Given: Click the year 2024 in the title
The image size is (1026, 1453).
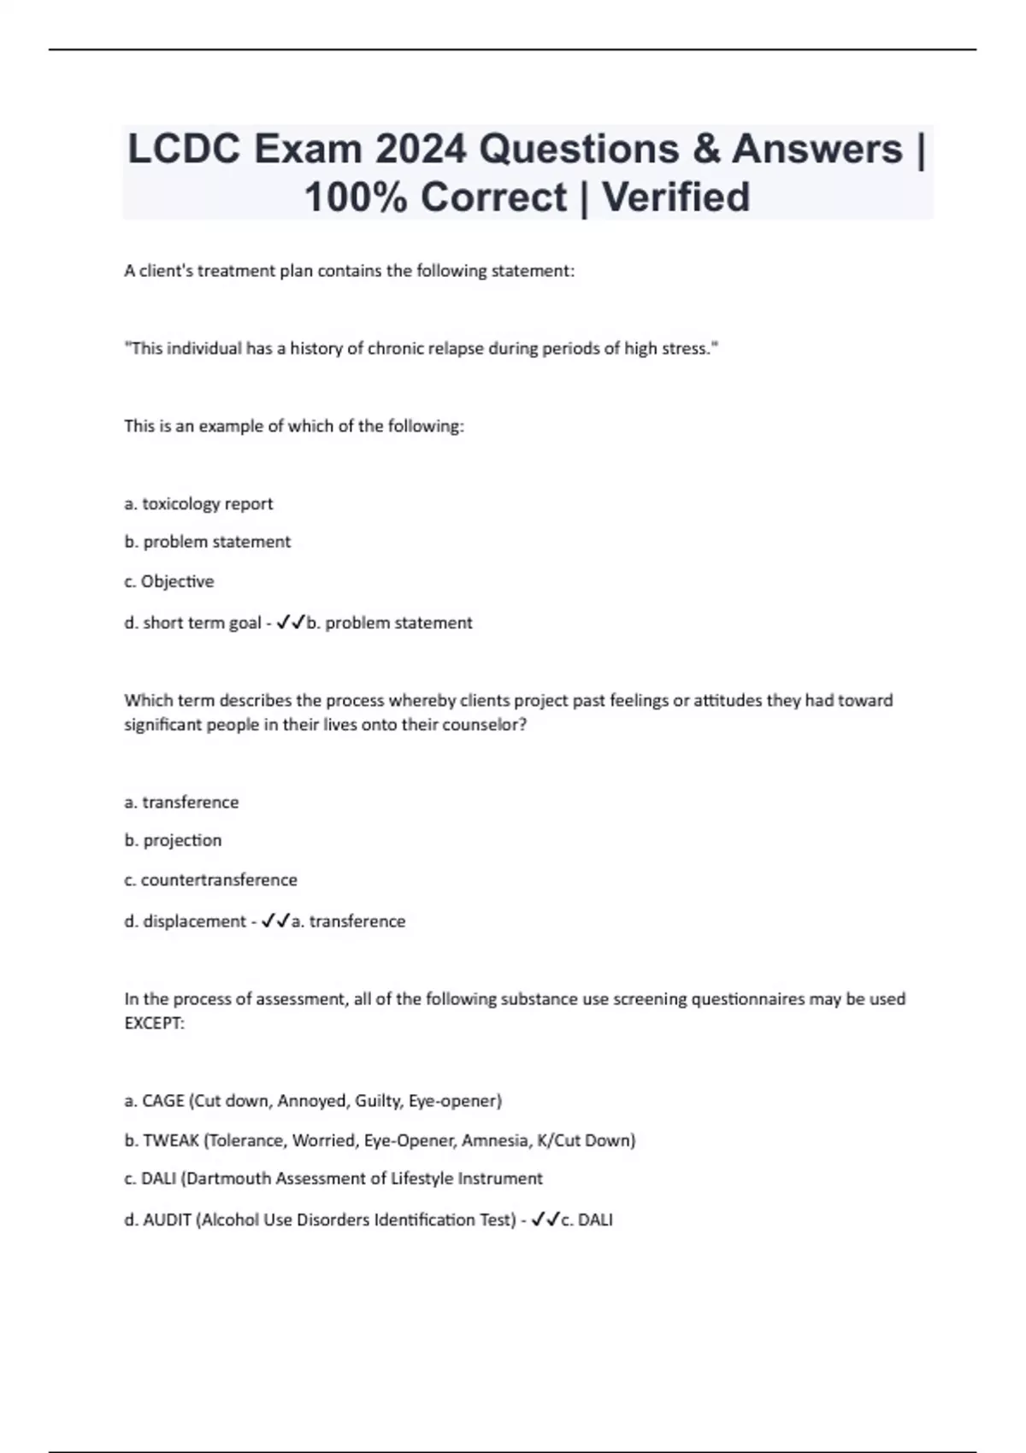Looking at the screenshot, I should click(420, 150).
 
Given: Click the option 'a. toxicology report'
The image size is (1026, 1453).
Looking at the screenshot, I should click(198, 504).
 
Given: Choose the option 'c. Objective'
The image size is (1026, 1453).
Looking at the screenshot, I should click(169, 582).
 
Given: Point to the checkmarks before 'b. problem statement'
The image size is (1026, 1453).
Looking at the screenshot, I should click(291, 623).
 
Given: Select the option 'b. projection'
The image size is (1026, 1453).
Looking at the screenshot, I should click(173, 841).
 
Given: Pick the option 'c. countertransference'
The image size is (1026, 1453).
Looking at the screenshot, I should click(210, 880).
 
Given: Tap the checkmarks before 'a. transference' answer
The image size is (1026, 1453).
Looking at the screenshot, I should click(275, 921).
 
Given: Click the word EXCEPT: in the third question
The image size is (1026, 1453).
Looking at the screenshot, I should click(154, 1023).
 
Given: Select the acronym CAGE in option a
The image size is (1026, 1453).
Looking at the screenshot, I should click(162, 1101).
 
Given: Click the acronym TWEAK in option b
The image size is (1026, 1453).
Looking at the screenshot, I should click(170, 1140).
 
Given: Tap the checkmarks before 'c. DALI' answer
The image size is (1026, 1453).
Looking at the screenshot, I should click(545, 1221).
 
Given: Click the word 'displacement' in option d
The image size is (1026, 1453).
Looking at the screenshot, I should click(194, 921).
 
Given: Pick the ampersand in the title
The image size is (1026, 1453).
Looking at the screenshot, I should click(707, 150).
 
